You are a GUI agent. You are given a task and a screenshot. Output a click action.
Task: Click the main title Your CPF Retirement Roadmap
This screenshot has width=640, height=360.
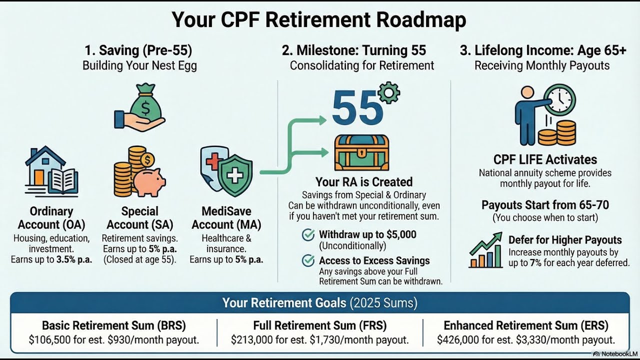(x=319, y=19)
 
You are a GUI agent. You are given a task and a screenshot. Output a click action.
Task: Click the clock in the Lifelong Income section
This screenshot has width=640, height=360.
(x=559, y=100)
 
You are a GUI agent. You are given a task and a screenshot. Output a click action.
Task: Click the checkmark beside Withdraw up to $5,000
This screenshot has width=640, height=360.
(x=309, y=234)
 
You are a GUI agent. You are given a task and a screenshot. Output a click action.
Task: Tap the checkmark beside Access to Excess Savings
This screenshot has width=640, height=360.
(x=309, y=260)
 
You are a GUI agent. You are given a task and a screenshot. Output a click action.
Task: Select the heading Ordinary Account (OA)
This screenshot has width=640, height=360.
(x=51, y=218)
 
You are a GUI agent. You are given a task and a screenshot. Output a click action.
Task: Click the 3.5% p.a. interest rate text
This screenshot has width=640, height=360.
(x=74, y=260)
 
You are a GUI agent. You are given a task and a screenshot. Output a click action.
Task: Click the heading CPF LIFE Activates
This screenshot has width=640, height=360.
(x=545, y=160)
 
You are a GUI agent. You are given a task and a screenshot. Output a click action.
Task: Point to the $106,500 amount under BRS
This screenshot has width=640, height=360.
(x=48, y=340)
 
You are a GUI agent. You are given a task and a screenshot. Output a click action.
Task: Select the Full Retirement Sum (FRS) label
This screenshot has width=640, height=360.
(x=319, y=325)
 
